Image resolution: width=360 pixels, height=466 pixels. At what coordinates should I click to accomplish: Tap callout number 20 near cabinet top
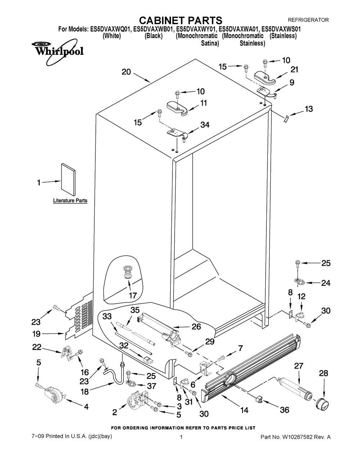(126, 72)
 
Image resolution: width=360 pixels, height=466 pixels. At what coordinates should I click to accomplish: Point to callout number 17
(133, 296)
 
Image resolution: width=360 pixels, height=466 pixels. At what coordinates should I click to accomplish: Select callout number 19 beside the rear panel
(37, 334)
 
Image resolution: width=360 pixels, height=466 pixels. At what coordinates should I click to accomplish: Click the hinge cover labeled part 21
(265, 76)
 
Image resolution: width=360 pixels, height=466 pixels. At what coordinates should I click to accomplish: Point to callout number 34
(205, 125)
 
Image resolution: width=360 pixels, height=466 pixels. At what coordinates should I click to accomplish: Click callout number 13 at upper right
(309, 108)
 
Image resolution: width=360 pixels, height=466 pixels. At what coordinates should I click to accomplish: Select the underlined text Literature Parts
(70, 201)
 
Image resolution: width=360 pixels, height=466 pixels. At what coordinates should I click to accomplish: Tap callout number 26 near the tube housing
(196, 327)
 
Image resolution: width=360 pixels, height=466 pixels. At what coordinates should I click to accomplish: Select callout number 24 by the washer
(325, 283)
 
